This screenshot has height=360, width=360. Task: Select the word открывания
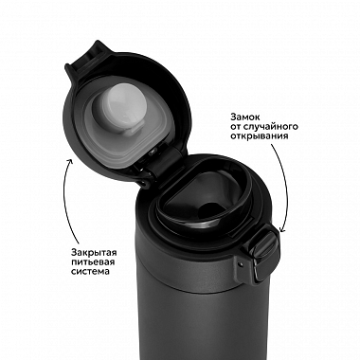(x=260, y=136)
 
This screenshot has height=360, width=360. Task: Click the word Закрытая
(x=94, y=253)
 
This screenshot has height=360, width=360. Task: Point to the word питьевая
(x=93, y=262)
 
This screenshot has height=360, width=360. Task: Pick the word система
(x=90, y=271)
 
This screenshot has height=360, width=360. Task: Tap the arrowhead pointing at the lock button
(x=281, y=230)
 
